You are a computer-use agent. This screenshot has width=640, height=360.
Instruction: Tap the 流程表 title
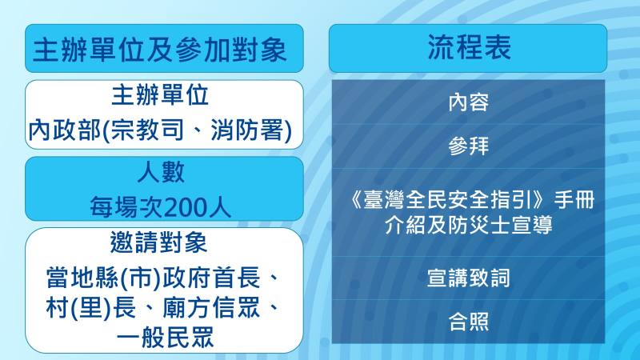coord(469,47)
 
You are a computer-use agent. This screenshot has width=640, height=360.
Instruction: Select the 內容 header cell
coord(469,103)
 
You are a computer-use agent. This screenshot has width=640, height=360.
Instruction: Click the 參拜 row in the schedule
coord(469,146)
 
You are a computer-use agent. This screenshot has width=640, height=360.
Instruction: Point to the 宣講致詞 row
coord(469,278)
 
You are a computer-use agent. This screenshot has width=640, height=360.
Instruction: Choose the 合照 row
coord(469,322)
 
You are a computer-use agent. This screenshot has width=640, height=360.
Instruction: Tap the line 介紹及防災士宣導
coord(469,225)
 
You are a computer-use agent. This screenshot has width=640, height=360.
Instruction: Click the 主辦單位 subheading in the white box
coord(160,95)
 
